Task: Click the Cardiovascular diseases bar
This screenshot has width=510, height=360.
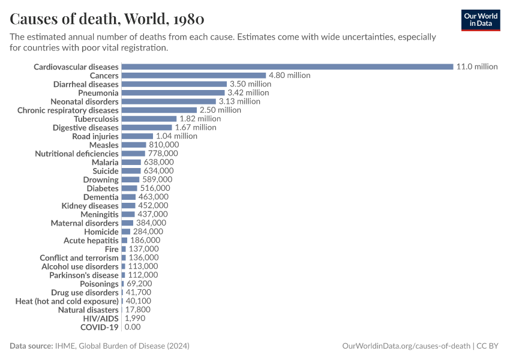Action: pyautogui.click(x=287, y=67)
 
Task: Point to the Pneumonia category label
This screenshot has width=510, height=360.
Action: pyautogui.click(x=98, y=93)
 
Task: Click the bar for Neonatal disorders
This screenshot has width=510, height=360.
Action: pyautogui.click(x=168, y=101)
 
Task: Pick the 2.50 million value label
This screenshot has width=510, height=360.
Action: pyautogui.click(x=220, y=110)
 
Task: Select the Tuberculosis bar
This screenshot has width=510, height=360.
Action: pyautogui.click(x=149, y=119)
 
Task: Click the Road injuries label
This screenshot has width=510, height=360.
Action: pyautogui.click(x=95, y=136)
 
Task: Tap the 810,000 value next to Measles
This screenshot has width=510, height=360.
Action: pyautogui.click(x=164, y=145)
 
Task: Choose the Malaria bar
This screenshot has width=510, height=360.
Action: pyautogui.click(x=131, y=162)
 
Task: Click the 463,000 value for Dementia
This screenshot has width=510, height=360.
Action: pyautogui.click(x=153, y=197)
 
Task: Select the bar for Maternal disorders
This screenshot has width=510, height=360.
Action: pyautogui.click(x=127, y=223)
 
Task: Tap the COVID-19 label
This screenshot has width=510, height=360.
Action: pyautogui.click(x=99, y=327)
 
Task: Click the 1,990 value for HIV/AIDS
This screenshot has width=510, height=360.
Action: pyautogui.click(x=135, y=318)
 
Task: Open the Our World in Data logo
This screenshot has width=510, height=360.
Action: pyautogui.click(x=480, y=20)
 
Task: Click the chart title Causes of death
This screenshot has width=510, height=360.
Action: pyautogui.click(x=107, y=19)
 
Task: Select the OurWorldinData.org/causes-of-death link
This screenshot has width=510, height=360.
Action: pyautogui.click(x=406, y=346)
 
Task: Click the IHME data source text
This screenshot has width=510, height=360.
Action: pyautogui.click(x=122, y=346)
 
